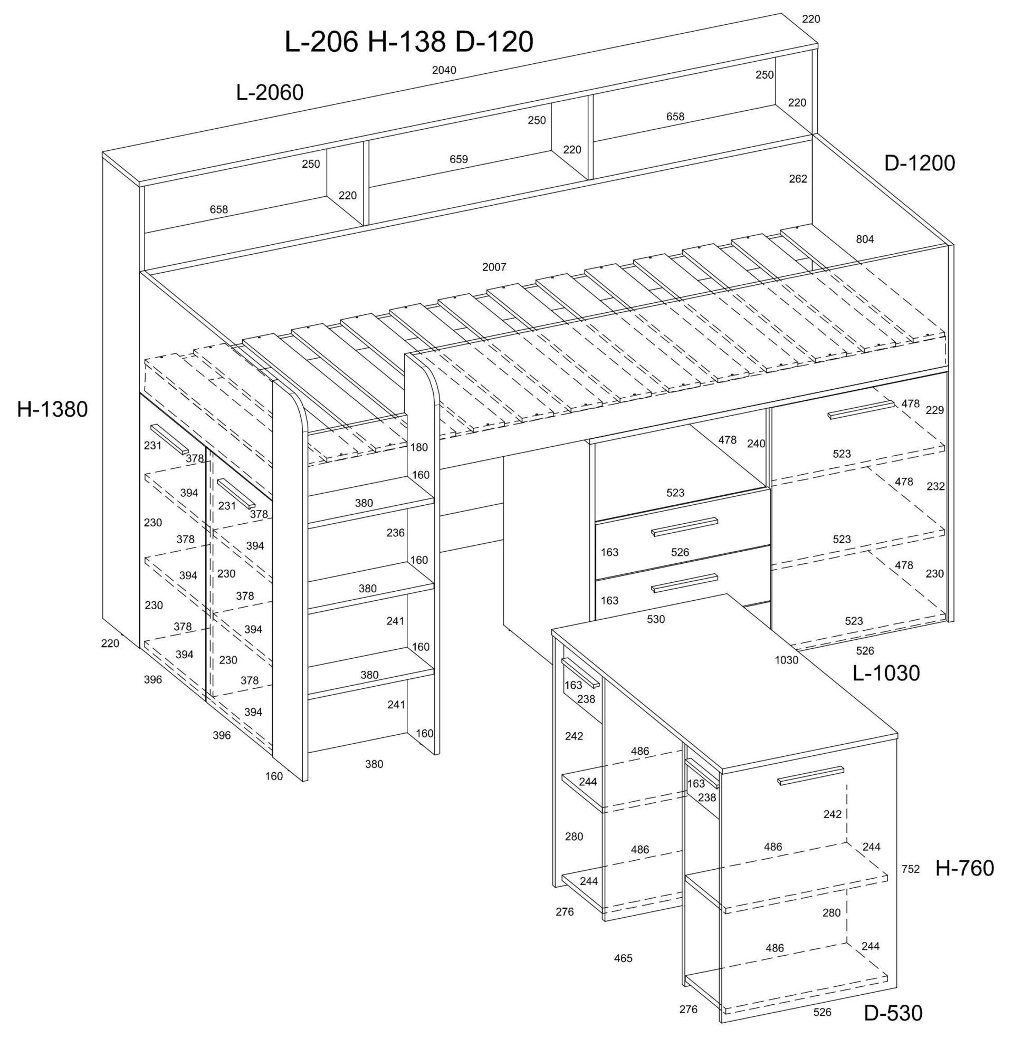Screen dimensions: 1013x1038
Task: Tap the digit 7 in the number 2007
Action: (503, 267)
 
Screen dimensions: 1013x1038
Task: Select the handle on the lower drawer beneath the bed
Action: (685, 582)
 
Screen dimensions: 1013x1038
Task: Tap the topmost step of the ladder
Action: (371, 501)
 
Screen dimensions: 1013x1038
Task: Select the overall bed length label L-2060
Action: (270, 92)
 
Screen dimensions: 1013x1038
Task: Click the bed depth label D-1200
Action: (920, 164)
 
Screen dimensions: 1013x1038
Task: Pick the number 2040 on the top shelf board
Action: (444, 70)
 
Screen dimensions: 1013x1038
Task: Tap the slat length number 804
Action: (865, 239)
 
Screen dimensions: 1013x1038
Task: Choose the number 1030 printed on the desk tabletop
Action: (786, 660)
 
